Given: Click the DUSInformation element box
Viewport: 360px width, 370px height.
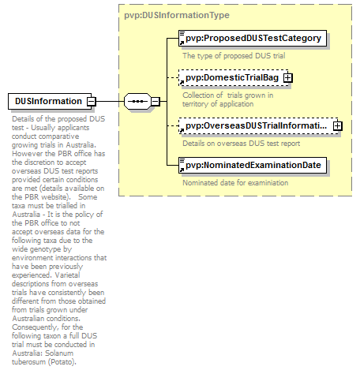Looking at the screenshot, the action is click(x=50, y=101).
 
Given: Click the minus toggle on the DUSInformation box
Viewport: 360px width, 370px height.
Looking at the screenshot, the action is click(x=92, y=101).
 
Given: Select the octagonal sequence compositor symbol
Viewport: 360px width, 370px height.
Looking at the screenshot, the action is click(x=137, y=101).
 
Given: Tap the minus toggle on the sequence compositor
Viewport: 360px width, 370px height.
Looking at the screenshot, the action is click(x=156, y=101).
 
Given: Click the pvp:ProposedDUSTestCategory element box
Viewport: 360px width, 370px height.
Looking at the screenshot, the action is click(x=253, y=39).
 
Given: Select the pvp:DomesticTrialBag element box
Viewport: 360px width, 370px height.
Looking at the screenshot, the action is click(x=234, y=78).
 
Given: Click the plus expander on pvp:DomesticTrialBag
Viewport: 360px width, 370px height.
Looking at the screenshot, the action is click(x=288, y=78).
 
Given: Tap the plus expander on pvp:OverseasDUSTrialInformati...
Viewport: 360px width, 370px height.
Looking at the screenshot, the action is click(x=338, y=126).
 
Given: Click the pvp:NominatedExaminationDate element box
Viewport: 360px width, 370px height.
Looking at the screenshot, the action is click(x=253, y=166).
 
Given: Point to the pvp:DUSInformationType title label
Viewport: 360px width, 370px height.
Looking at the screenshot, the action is click(x=177, y=15).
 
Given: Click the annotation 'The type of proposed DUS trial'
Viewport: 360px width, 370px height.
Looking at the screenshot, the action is click(x=234, y=56).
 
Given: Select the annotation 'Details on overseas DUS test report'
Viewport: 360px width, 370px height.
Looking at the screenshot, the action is click(x=242, y=144).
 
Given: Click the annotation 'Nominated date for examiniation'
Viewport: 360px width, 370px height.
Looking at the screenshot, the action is click(x=235, y=183).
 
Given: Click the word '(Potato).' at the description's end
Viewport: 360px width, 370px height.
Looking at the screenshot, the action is click(x=62, y=362).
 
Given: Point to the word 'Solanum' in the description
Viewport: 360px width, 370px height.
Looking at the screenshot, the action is click(x=59, y=353).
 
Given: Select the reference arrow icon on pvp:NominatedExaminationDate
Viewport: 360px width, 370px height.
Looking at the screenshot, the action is click(x=182, y=170).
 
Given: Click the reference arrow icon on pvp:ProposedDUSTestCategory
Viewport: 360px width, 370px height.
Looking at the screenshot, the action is click(x=182, y=43).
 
